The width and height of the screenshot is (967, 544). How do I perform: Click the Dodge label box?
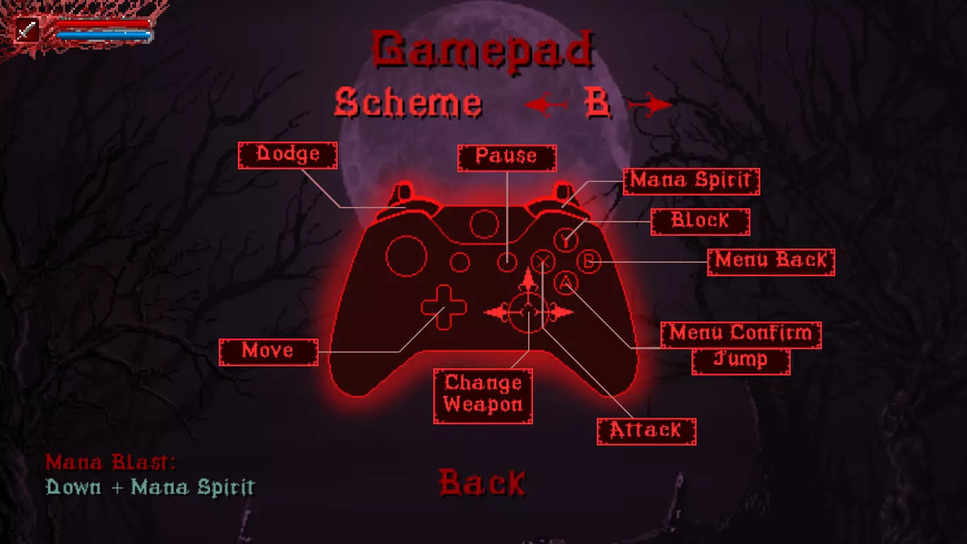[287, 155]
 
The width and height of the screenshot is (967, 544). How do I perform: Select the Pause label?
[507, 158]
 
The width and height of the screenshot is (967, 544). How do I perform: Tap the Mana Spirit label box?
[691, 181]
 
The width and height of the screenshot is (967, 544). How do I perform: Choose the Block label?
[700, 222]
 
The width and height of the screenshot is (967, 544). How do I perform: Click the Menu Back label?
[771, 262]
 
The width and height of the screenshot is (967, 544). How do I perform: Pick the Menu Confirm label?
[740, 335]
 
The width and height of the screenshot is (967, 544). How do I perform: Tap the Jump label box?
[740, 361]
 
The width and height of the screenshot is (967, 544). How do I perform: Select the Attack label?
[646, 431]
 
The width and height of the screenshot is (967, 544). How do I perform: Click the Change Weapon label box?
[483, 396]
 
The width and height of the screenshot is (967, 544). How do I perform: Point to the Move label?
[268, 352]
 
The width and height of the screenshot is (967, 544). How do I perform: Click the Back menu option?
[482, 482]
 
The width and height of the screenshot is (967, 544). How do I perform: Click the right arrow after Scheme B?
[650, 104]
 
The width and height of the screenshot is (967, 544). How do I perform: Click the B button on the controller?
[589, 261]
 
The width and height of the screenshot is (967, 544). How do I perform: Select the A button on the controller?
[566, 283]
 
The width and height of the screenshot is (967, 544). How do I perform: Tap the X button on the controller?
[543, 261]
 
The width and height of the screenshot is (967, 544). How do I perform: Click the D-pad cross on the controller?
[444, 307]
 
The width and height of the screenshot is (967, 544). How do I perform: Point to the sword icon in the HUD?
[27, 30]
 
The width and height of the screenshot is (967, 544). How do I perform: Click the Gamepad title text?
[482, 51]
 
